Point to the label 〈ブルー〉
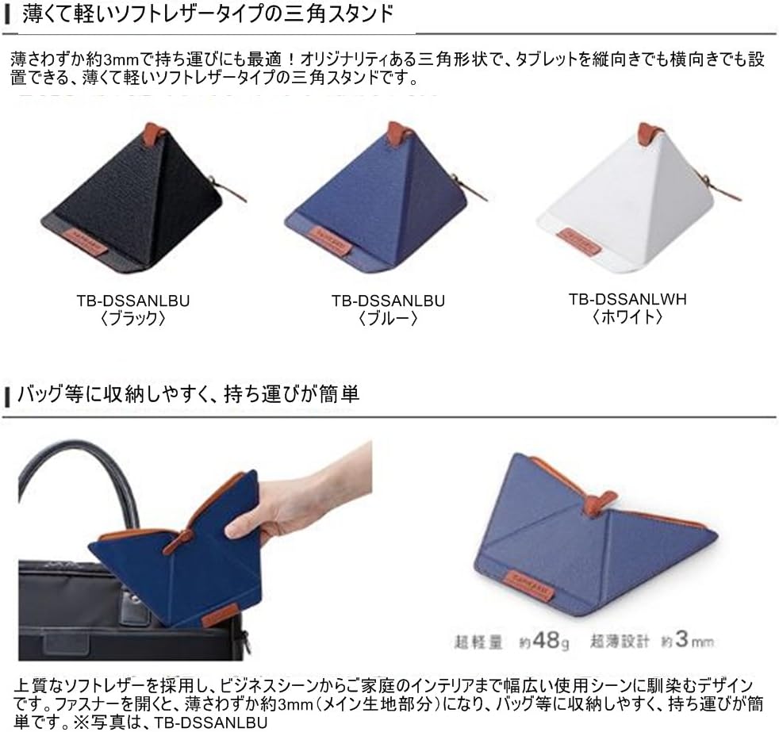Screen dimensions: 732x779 pos(388,318)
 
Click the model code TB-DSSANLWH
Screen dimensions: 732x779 pos(627,299)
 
